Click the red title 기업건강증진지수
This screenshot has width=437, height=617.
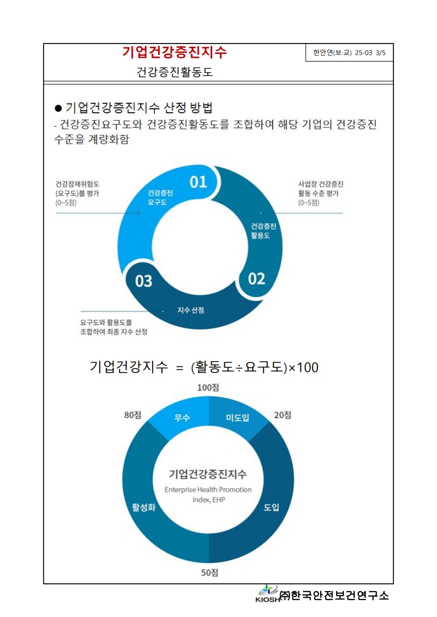(x=174, y=52)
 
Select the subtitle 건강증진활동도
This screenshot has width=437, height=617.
(x=175, y=72)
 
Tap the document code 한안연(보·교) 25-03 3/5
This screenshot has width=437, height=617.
(x=349, y=53)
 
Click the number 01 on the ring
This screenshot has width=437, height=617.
(x=198, y=182)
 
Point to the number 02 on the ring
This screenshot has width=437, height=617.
(x=256, y=279)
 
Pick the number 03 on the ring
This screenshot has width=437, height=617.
(x=143, y=281)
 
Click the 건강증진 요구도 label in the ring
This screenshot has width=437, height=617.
(x=160, y=198)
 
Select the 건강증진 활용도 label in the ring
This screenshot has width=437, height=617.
(x=263, y=231)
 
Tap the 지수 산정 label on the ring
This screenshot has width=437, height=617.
(x=191, y=310)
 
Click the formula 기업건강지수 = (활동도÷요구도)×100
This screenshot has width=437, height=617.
(x=204, y=367)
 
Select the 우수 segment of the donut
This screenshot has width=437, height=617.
(x=182, y=418)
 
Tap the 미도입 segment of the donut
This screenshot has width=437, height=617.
(x=238, y=418)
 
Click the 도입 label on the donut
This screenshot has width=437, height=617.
(x=272, y=507)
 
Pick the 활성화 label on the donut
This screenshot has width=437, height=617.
(x=143, y=507)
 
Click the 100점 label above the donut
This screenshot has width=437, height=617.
(x=208, y=387)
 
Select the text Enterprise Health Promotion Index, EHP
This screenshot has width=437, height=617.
(x=208, y=494)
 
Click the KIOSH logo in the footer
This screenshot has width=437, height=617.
(x=267, y=594)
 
